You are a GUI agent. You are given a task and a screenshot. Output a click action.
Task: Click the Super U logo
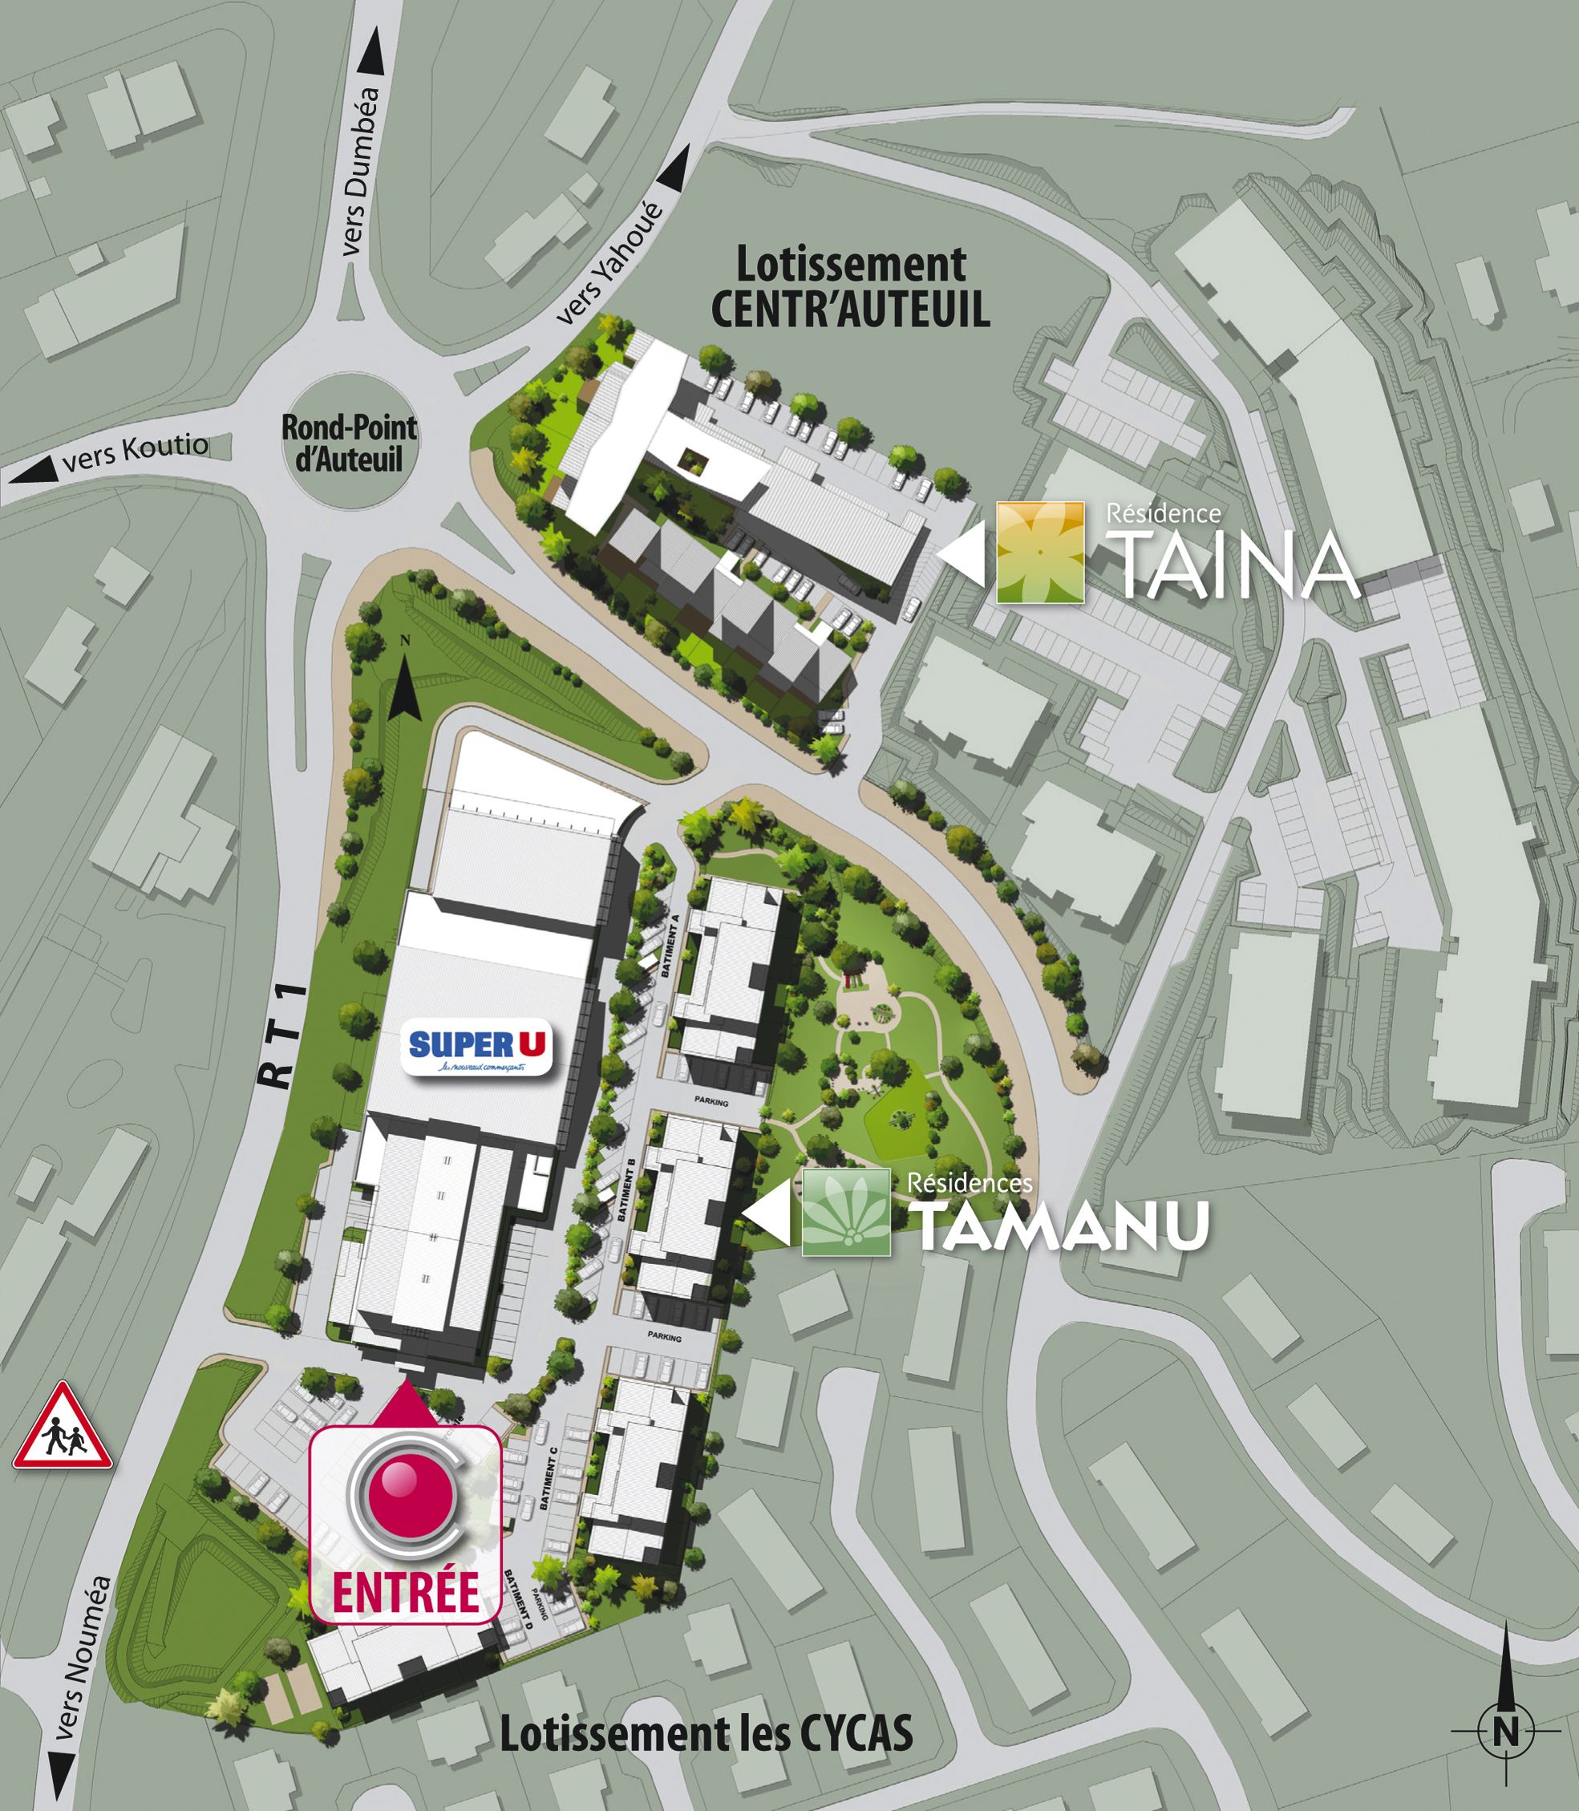point(476,1047)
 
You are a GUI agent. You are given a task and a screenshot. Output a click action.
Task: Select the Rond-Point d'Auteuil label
point(349,444)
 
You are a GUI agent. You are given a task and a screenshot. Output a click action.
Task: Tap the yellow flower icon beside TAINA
point(1040,553)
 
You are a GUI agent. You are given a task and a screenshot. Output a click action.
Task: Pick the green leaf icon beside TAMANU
point(846,1212)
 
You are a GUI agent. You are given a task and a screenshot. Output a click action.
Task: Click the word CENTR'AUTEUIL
point(850,310)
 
